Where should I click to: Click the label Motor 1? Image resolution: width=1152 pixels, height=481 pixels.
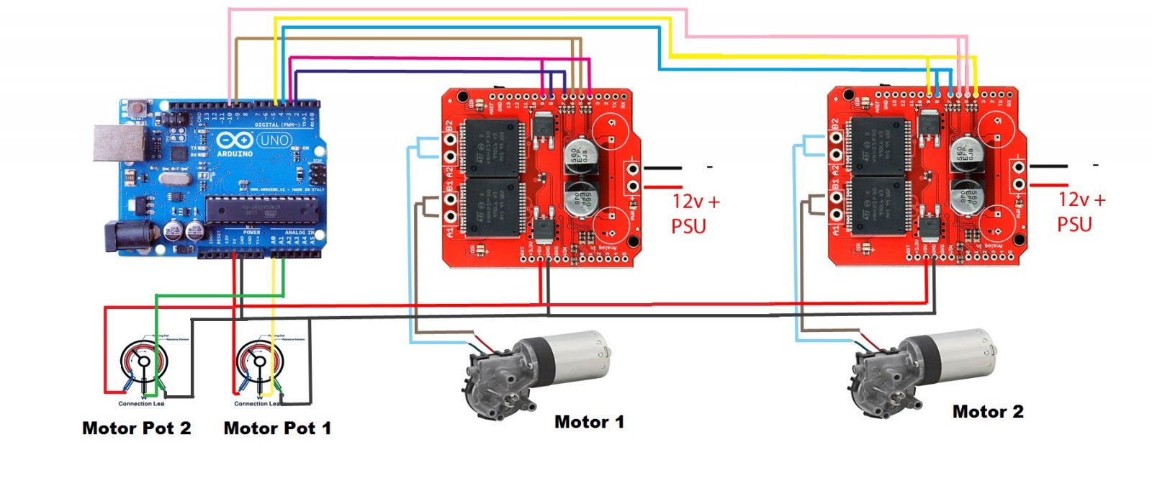(589, 421)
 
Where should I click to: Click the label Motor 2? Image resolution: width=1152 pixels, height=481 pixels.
(987, 411)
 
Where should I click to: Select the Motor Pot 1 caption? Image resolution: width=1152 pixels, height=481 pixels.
(277, 428)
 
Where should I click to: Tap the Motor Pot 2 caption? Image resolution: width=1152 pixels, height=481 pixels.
(137, 428)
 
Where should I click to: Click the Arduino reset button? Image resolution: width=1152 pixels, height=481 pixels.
(138, 110)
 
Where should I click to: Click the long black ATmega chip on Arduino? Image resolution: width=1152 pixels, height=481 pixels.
(262, 210)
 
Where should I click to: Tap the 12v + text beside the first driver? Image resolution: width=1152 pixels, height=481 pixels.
(696, 202)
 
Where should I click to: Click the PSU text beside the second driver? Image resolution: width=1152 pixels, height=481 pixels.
(1074, 225)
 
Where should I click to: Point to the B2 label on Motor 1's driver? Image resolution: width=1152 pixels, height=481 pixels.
(449, 128)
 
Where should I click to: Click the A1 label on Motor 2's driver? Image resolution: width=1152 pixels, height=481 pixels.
(836, 230)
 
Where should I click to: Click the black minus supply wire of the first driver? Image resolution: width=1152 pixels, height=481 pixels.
(662, 168)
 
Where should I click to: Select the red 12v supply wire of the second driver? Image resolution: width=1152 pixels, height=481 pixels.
(1048, 186)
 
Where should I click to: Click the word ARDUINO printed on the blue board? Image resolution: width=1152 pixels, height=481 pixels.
(235, 153)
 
